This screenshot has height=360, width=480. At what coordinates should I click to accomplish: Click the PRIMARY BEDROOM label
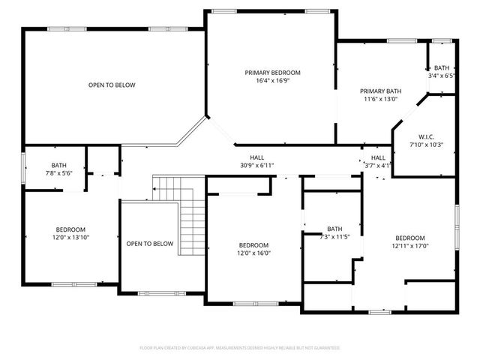pos(272,73)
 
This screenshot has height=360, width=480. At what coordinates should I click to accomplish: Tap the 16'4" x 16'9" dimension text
pos(272,81)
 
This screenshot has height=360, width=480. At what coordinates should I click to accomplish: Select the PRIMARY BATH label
pos(380,90)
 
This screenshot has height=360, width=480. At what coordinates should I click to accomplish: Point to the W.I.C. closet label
pos(426,136)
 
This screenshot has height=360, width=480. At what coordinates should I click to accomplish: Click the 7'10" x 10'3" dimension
pos(426,144)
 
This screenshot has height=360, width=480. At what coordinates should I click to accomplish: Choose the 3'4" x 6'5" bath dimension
pos(441,75)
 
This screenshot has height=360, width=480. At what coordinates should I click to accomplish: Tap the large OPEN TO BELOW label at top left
pos(112,85)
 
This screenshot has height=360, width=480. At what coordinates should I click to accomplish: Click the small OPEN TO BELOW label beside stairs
pos(149,244)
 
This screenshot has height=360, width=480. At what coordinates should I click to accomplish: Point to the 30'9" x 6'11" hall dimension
pos(257,165)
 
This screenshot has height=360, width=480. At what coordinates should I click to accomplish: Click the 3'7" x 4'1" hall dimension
pos(377,166)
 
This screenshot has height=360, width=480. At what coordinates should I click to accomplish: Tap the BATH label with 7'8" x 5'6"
pos(58,165)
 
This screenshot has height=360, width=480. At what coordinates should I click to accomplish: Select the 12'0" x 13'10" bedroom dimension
pos(70,238)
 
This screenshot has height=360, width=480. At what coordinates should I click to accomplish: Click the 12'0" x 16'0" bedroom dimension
pos(253,253)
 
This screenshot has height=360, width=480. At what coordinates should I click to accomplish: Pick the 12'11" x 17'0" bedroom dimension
pos(409,245)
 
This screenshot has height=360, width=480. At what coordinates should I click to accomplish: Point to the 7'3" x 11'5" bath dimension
pos(334,237)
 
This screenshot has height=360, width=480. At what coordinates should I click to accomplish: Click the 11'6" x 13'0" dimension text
pos(380,98)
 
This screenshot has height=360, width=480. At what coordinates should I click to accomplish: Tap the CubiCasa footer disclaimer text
pos(240,348)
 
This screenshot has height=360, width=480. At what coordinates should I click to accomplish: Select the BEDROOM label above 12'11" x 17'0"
pos(409,237)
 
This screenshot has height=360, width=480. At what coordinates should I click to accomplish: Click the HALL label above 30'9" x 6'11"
pos(257,157)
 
